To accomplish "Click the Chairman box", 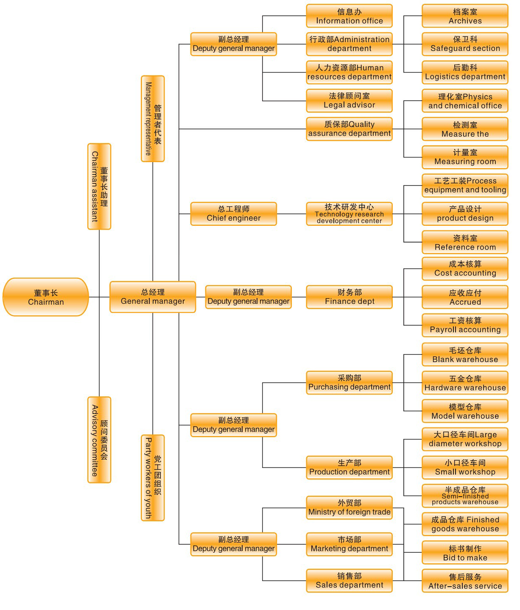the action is [x=46, y=297].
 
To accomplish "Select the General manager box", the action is [x=153, y=297].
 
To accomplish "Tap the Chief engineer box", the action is [x=234, y=214].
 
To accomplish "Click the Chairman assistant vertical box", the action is [x=99, y=186].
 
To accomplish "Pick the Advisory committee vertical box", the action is [x=99, y=440].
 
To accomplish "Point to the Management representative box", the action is [x=153, y=118].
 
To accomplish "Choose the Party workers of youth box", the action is [x=153, y=478].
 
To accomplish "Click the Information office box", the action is [x=349, y=16].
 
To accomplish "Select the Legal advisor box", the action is [x=349, y=101].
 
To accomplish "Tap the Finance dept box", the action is [x=349, y=297].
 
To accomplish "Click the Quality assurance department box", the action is [x=349, y=129].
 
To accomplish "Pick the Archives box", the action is [x=465, y=16].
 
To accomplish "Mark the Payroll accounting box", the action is [x=465, y=325].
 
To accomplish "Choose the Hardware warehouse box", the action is [x=465, y=383].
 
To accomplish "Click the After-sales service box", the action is [x=465, y=581].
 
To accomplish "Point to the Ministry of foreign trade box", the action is [x=349, y=508].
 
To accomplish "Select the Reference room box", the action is [x=465, y=242].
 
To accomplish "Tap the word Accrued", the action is [x=465, y=302].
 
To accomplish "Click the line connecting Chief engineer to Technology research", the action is [x=292, y=214].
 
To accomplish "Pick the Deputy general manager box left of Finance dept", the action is [x=249, y=297].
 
